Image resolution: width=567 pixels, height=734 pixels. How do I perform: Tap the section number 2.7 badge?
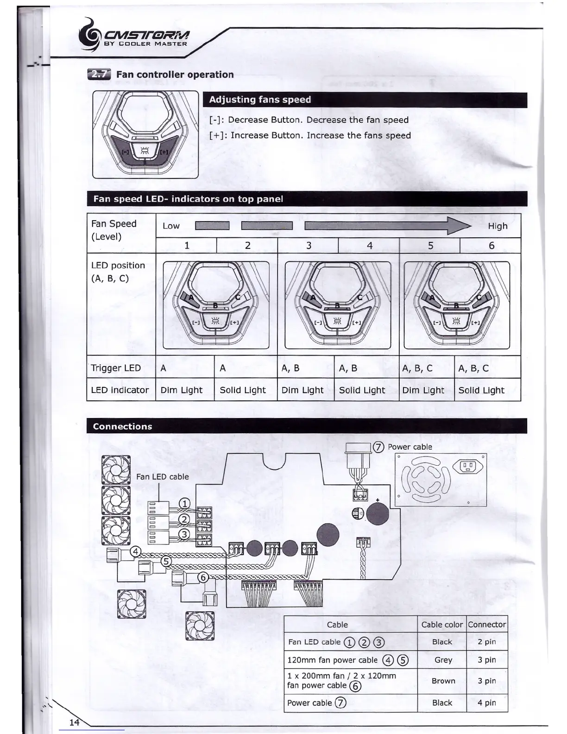coord(99,75)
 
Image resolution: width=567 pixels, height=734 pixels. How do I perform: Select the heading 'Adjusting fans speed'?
coord(260,100)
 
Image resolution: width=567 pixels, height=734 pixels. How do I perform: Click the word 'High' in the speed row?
coord(498,226)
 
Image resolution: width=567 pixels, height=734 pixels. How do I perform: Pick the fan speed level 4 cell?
coord(369,246)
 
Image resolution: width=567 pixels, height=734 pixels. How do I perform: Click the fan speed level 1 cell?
coord(187,246)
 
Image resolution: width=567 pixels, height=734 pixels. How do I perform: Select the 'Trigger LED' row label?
coord(116,368)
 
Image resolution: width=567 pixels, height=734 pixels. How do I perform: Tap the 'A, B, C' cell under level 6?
coord(473,368)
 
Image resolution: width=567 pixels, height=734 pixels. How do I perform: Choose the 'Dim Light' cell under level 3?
coord(302,390)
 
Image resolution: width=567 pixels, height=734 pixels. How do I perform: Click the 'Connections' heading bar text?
coord(122,426)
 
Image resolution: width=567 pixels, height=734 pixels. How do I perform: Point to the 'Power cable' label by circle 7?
coord(409,447)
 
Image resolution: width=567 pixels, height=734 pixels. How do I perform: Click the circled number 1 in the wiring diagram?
coord(184,504)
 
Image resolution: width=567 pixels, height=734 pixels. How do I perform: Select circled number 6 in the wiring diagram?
coord(203,577)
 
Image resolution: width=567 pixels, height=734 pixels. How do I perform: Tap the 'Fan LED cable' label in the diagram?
coord(162,476)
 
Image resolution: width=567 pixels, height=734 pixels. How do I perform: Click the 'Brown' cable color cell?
coord(443,681)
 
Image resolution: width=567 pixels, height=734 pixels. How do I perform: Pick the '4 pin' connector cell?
coord(486,702)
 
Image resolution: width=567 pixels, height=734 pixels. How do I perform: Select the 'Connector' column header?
coord(487,624)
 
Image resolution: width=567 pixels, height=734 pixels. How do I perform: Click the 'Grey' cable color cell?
coord(443,660)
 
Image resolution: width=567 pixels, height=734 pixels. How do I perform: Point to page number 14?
coord(75,722)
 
